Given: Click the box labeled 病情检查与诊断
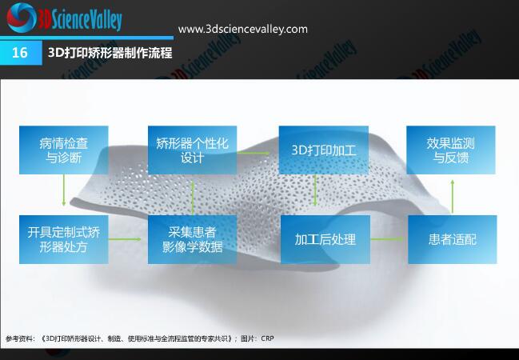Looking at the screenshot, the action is coord(63,150).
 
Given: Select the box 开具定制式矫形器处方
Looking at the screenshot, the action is coord(63,239).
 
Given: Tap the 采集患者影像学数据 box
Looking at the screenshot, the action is coord(192,239).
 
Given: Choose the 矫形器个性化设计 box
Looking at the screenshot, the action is coord(192,150).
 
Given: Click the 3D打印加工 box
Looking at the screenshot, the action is coord(324,150).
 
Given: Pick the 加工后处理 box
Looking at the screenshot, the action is coord(325,239).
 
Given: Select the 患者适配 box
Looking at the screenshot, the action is coord(453,239).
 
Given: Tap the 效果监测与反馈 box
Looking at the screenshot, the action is coord(451,150).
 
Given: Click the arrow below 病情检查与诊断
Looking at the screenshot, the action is coord(64,190).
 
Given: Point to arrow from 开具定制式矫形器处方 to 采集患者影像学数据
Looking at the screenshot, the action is coord(125,239).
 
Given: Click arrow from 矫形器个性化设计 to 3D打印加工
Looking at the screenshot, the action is coord(254,153).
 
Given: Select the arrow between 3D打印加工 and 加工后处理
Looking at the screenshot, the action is coord(315,190).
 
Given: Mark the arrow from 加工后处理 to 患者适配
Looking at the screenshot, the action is coord(387,239).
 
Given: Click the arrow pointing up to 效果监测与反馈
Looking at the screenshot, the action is coord(453,197).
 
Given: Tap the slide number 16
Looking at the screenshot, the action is coord(19,53).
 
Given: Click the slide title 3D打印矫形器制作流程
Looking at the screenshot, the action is coord(110,53).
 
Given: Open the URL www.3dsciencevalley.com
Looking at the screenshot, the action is coord(243,29).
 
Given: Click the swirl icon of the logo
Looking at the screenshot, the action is coord(21,18).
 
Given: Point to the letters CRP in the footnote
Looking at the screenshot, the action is coord(267,338).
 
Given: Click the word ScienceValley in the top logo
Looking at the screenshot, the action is coord(86,20).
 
